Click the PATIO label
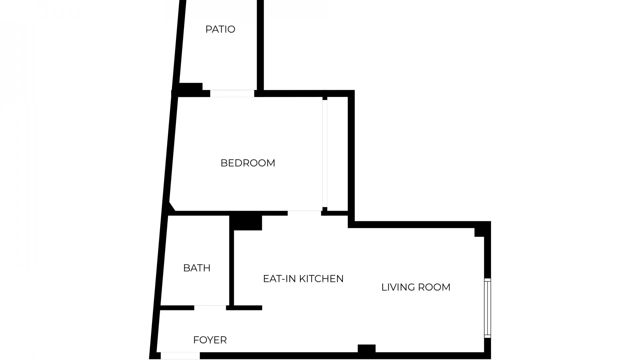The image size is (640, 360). pyautogui.click(x=220, y=29)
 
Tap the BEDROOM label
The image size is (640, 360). pyautogui.click(x=248, y=163)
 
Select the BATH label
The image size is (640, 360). pyautogui.click(x=197, y=268)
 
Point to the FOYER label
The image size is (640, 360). pyautogui.click(x=210, y=340)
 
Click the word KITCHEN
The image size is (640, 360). pyautogui.click(x=321, y=279)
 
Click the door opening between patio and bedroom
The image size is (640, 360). pyautogui.click(x=232, y=93)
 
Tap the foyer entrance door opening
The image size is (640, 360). pyautogui.click(x=180, y=356)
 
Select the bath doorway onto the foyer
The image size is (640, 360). pyautogui.click(x=210, y=308)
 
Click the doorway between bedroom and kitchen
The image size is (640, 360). pyautogui.click(x=304, y=213)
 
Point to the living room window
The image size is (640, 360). pyautogui.click(x=487, y=308)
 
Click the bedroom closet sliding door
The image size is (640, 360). pyautogui.click(x=325, y=153)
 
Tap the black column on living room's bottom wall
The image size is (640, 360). pyautogui.click(x=366, y=349)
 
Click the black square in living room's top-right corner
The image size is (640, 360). pyautogui.click(x=479, y=232)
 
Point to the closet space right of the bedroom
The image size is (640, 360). pyautogui.click(x=337, y=153)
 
